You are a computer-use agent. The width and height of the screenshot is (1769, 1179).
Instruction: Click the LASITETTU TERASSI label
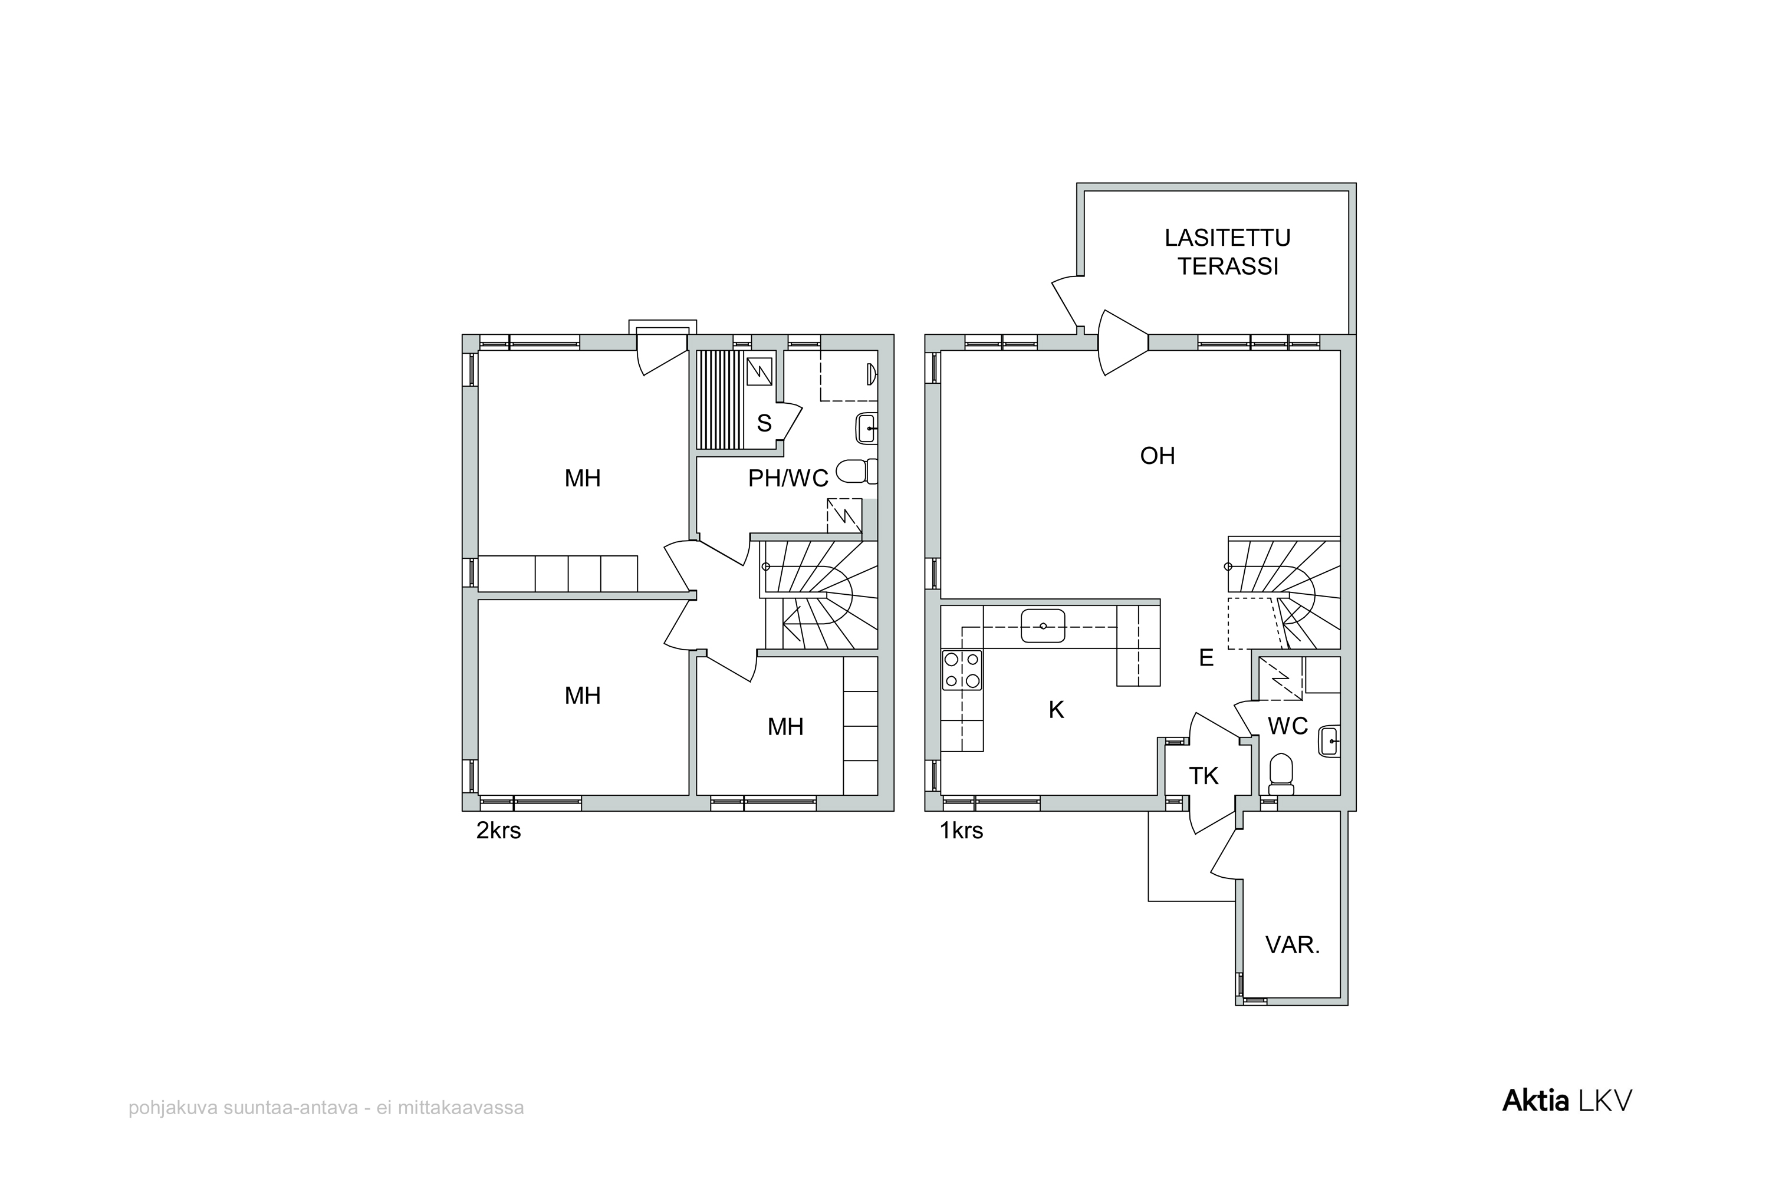[x=1228, y=252]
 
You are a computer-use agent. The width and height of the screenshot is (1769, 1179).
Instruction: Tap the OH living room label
[x=1158, y=456]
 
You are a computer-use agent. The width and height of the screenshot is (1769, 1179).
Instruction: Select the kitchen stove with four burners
[x=962, y=670]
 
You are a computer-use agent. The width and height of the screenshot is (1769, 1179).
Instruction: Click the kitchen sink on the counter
[x=1043, y=625]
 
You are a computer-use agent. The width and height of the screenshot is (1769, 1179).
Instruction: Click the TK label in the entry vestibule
[x=1204, y=776]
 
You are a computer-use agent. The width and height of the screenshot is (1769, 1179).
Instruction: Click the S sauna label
[x=764, y=423]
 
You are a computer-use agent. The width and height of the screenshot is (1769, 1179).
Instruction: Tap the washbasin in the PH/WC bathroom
[x=866, y=429]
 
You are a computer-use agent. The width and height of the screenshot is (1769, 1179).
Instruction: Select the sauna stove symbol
[x=759, y=371]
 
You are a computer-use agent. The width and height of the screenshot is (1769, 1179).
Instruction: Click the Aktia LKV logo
[x=1567, y=1100]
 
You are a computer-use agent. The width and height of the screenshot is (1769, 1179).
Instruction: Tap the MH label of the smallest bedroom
[x=785, y=726]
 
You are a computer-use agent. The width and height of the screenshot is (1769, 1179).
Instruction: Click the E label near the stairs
[x=1206, y=658]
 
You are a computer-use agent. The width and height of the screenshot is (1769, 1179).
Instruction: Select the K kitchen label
[x=1057, y=710]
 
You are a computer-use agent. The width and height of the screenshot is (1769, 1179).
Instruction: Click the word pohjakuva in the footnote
[x=173, y=1108]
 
